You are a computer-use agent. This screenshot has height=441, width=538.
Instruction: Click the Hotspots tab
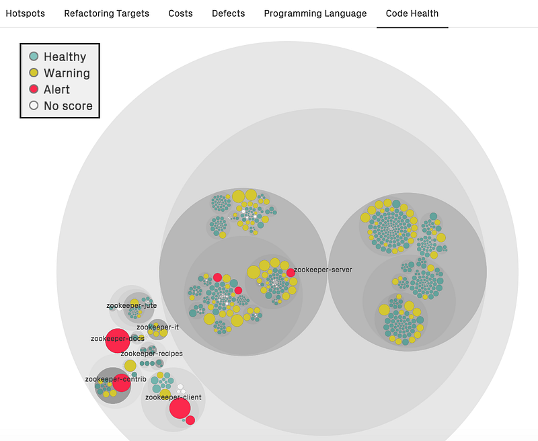click(26, 13)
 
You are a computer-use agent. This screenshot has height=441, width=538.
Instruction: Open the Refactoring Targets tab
click(107, 13)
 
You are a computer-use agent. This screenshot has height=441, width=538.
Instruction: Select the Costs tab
click(180, 13)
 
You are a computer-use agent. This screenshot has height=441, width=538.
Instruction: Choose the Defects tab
click(229, 13)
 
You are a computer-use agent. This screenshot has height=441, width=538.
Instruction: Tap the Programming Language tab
click(315, 13)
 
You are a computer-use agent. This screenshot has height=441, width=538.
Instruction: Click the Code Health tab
click(412, 13)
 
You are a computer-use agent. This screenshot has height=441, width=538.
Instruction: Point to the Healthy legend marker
click(34, 56)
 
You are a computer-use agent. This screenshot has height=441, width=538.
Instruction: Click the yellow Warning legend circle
click(34, 73)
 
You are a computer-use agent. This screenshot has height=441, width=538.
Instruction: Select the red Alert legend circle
click(34, 89)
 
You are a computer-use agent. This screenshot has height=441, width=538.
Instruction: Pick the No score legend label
click(69, 106)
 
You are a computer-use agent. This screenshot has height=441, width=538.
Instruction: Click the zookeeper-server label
click(323, 270)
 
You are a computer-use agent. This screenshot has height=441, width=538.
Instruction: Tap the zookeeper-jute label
click(131, 306)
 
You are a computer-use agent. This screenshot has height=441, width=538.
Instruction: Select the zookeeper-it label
click(157, 327)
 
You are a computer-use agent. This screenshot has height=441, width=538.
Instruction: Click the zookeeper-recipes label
click(152, 354)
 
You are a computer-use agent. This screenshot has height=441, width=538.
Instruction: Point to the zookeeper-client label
click(174, 397)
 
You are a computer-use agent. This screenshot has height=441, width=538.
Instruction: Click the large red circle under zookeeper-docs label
click(118, 341)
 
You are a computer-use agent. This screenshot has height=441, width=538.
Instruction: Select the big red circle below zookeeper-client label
click(180, 408)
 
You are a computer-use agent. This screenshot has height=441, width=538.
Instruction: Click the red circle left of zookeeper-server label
click(291, 273)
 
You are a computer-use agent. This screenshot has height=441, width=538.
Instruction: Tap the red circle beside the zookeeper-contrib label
click(122, 383)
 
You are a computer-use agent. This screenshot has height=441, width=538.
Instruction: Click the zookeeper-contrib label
click(116, 379)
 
